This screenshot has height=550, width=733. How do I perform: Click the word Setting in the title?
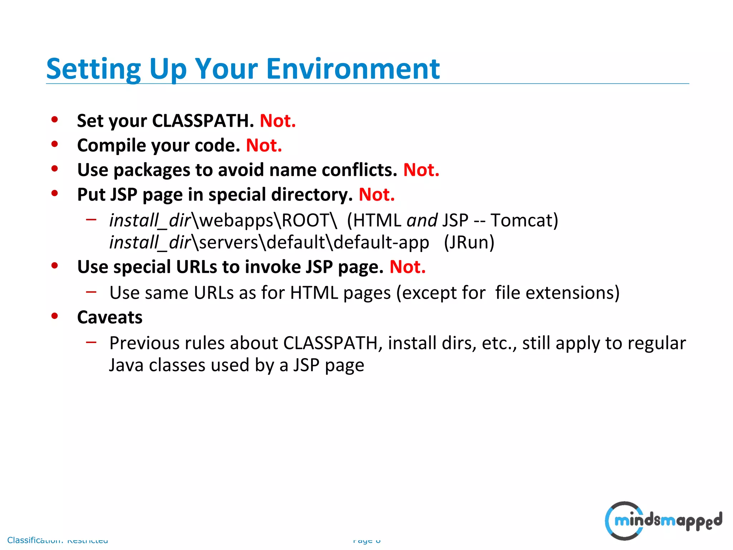[x=94, y=69]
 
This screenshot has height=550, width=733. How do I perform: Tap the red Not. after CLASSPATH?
[x=278, y=121]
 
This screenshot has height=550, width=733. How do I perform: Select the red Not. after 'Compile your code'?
[x=264, y=145]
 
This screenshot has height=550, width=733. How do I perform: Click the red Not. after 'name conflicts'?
[x=421, y=170]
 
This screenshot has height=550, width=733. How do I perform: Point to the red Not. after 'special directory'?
[x=377, y=194]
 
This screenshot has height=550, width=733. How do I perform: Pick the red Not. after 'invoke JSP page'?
[x=407, y=267]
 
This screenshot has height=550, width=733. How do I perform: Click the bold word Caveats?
[x=110, y=317]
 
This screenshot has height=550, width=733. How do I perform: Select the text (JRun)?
[x=469, y=242]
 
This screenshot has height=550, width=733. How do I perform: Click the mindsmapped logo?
[x=663, y=520]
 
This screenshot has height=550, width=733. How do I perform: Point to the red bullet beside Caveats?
[x=54, y=316]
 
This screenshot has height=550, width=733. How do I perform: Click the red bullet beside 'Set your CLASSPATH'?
[x=54, y=120]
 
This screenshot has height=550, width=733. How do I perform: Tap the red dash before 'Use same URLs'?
[x=91, y=292]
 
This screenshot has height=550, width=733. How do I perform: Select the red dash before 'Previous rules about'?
[x=91, y=342]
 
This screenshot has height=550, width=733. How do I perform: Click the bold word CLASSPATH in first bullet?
[x=203, y=121]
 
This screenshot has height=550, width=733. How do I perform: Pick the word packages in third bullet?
[x=152, y=170]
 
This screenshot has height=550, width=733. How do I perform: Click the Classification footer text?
[x=57, y=540]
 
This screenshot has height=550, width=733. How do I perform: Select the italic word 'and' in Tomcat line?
[x=422, y=220]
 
